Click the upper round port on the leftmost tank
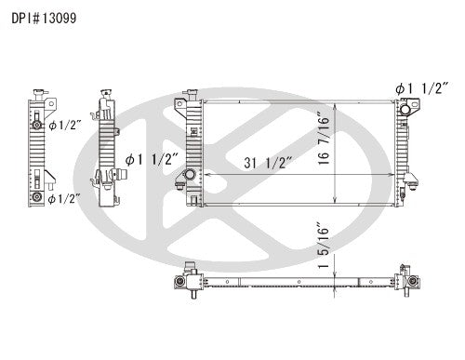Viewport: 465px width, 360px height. [36, 125]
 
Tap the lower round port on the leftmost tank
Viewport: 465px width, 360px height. [36, 198]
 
